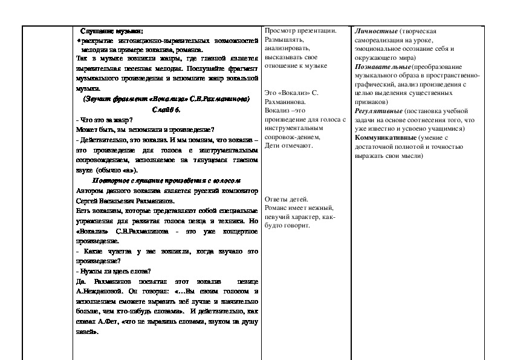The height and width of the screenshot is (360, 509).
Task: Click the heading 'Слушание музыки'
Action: click(112, 31)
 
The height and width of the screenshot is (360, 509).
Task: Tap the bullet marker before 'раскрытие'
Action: click(78, 40)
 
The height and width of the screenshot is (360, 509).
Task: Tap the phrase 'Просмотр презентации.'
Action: click(300, 31)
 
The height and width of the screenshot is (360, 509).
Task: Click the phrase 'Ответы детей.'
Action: click(287, 200)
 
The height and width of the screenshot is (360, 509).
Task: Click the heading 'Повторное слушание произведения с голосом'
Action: click(166, 180)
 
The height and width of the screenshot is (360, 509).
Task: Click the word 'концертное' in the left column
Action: click(241, 231)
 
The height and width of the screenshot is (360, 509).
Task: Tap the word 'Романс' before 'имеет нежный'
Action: click(277, 208)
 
